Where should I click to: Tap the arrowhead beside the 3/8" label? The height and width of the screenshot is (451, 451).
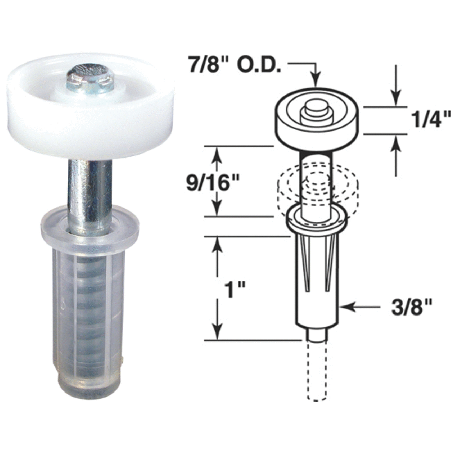click(x=347, y=305)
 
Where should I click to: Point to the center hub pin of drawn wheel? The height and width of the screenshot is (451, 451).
click(x=316, y=108)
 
